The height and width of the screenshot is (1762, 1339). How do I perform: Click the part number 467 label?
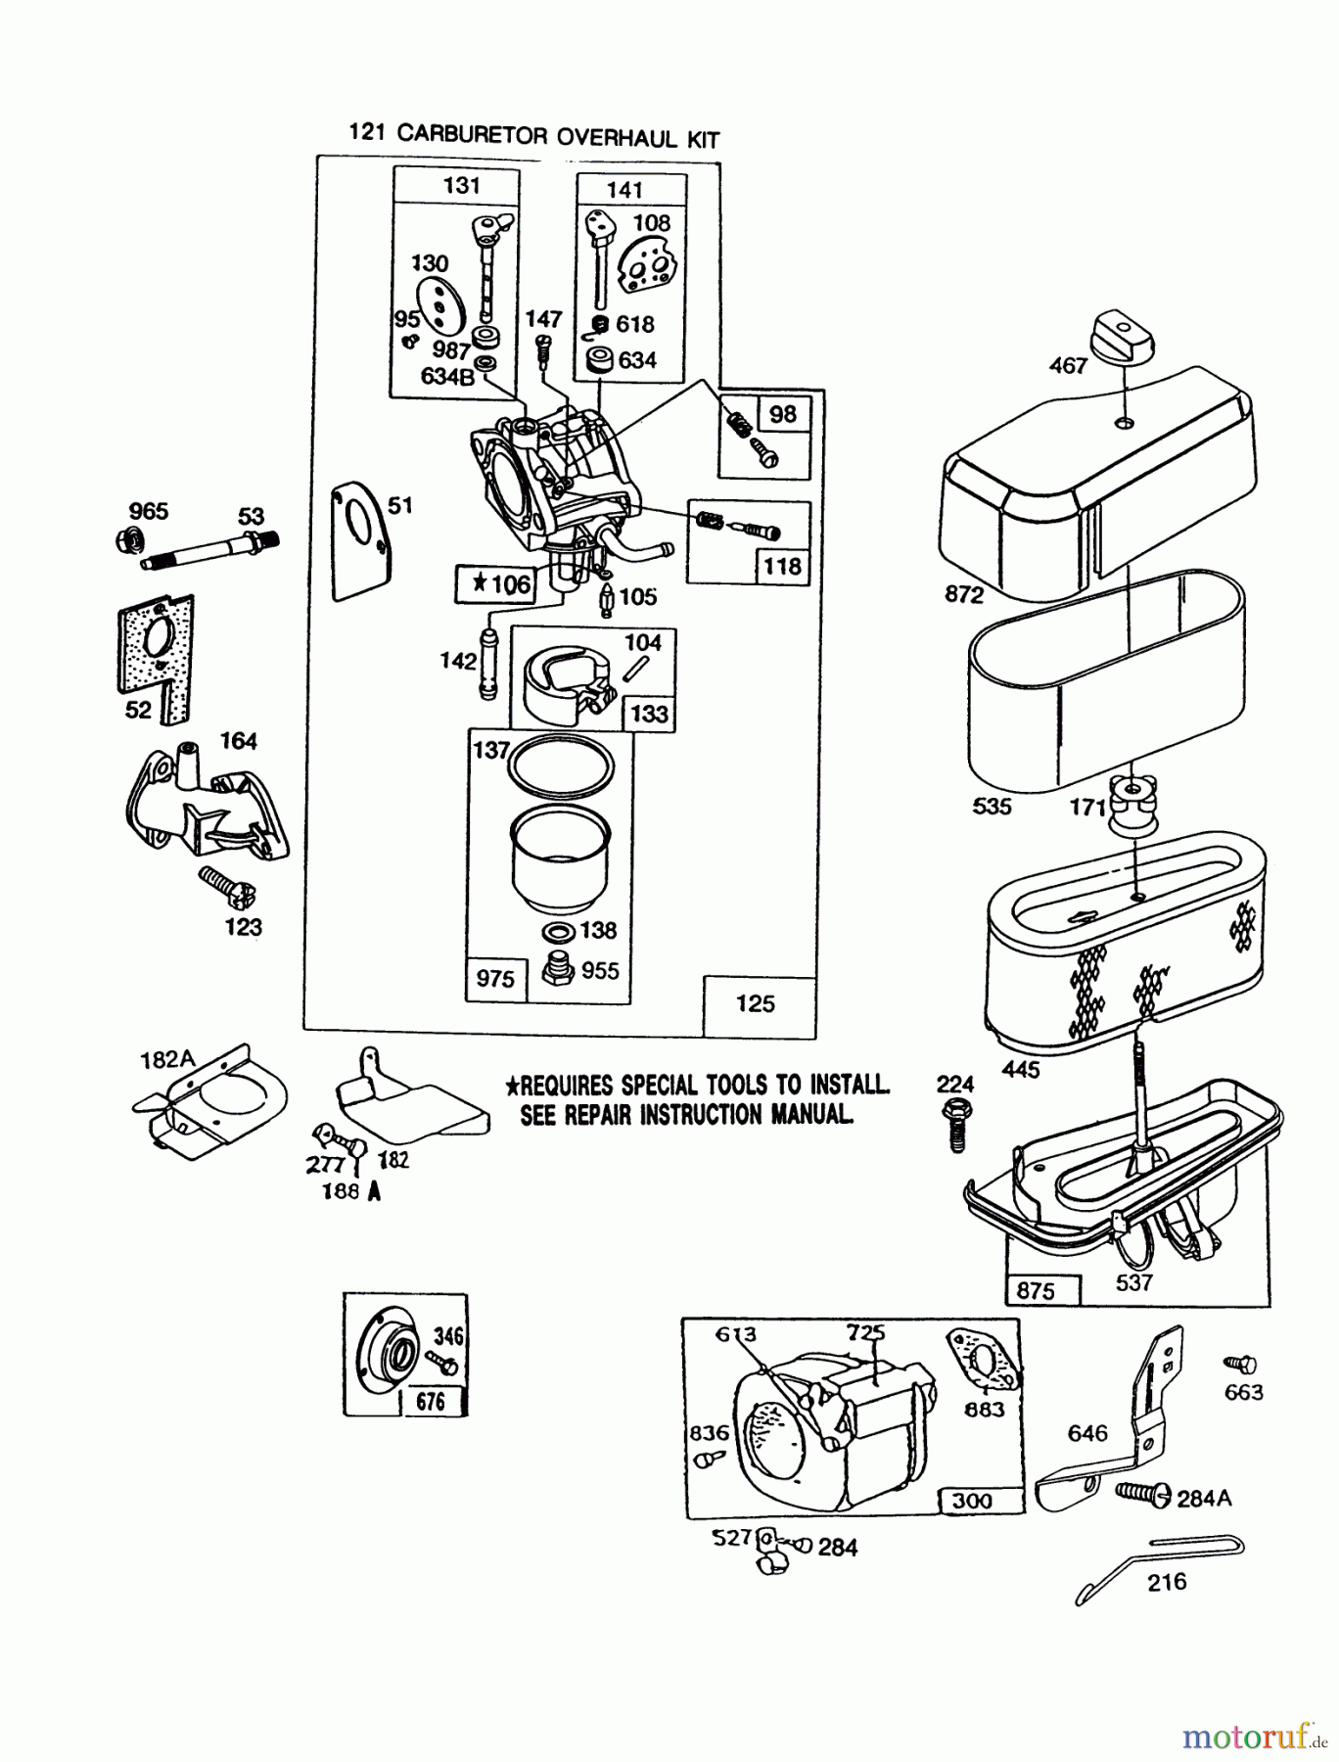click(1068, 365)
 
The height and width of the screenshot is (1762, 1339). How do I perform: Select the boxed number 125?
click(755, 1003)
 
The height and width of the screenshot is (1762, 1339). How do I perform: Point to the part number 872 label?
click(964, 593)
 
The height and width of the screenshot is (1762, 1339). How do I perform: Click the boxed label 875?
click(1036, 1290)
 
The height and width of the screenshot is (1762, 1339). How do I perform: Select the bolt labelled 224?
click(956, 1125)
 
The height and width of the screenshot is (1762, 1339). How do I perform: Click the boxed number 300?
click(971, 1501)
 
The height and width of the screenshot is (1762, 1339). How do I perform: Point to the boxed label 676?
click(430, 1402)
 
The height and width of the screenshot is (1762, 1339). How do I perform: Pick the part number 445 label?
click(1021, 1069)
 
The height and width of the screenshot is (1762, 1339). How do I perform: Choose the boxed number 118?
click(783, 566)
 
